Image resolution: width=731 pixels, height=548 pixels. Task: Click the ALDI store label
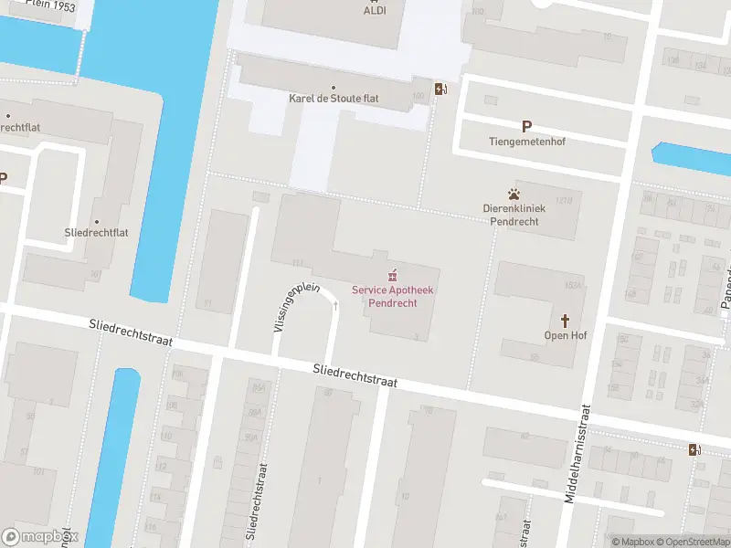374,10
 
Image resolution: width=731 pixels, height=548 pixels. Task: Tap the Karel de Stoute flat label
334,98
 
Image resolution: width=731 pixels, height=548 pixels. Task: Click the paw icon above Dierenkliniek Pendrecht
514,194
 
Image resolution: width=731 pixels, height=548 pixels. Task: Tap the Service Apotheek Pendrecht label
394,296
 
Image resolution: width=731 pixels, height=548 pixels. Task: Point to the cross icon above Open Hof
566,321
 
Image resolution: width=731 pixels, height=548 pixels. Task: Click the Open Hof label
566,335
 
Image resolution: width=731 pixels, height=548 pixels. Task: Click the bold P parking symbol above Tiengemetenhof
526,127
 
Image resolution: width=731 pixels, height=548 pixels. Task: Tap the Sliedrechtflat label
97,232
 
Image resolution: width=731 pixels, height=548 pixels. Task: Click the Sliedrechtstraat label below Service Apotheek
355,375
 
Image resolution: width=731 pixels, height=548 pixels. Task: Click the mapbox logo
40,537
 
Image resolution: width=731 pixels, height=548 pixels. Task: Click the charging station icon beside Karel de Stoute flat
440,89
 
